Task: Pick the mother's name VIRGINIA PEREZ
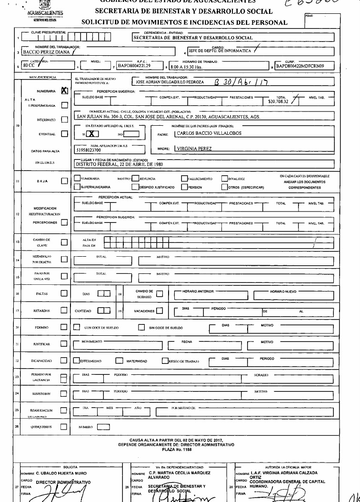coord(194,149)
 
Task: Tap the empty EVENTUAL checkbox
coord(65,134)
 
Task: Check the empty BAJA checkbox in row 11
coord(65,181)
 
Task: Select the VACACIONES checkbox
coord(160,311)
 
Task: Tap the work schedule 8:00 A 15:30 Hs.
coord(186,67)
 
